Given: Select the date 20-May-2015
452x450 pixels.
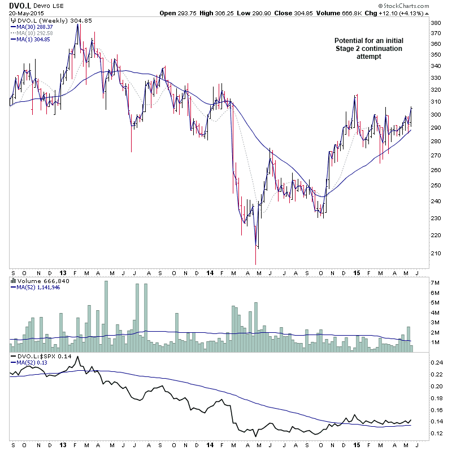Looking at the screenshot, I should coord(26,13).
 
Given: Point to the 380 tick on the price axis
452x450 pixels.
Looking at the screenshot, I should coord(436,23).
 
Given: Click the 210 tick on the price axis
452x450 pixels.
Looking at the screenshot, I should coord(436,253).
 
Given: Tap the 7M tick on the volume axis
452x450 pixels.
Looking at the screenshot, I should coord(435,282).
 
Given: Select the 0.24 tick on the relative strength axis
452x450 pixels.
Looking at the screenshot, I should coord(437,362).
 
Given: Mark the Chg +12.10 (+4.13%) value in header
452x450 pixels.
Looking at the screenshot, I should coord(416,13).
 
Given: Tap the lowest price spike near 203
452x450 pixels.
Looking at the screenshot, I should coord(255,263).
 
